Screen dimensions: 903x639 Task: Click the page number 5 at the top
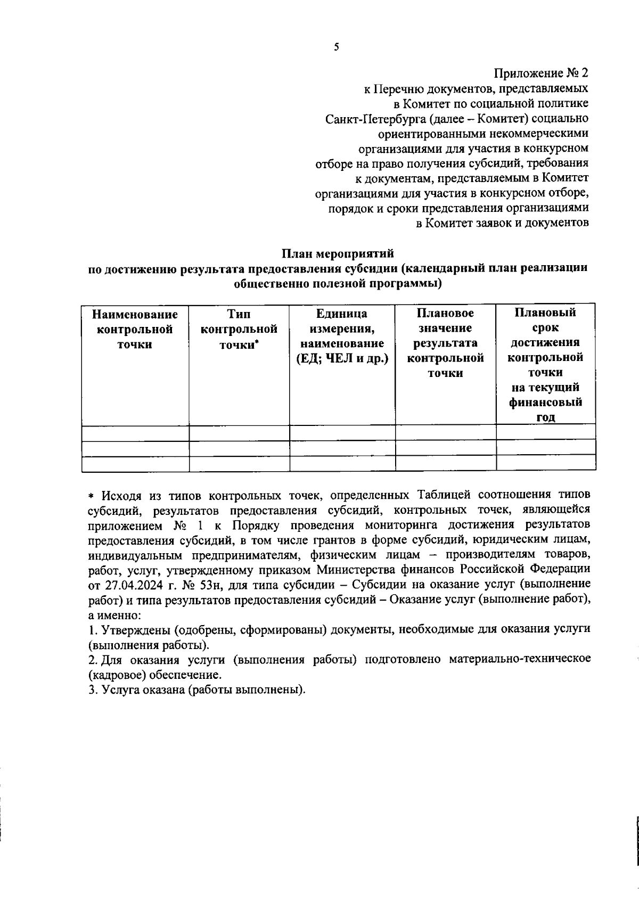pos(336,47)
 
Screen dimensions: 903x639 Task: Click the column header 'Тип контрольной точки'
pos(239,329)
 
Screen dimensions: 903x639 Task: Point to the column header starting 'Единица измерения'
pos(341,329)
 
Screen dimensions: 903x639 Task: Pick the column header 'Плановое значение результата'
pos(445,343)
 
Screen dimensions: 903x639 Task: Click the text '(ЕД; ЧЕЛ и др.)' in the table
pos(341,359)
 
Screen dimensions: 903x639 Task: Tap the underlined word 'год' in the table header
pos(545,417)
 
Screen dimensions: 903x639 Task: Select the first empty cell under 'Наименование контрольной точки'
pos(135,432)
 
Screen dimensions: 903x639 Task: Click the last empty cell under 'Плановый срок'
pos(545,463)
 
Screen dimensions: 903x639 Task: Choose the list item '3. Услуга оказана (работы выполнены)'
pos(197,690)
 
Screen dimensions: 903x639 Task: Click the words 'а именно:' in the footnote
pos(114,615)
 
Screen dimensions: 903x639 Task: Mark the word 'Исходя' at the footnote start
pos(121,496)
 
